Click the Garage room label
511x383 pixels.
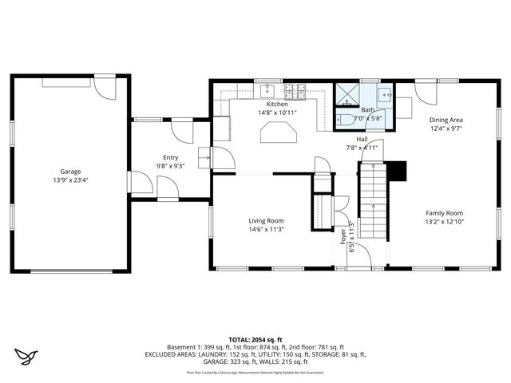[70, 172]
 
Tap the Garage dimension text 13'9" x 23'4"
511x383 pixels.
[70, 180]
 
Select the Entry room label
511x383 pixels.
[171, 158]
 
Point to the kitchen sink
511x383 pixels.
[269, 89]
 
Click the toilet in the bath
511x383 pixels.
[346, 120]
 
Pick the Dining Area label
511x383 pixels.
[446, 119]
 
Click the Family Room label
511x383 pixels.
[444, 213]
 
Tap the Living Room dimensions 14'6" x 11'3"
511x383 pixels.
[266, 230]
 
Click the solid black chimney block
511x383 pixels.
[397, 171]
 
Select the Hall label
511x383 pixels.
[362, 139]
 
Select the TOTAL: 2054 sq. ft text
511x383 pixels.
[255, 339]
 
